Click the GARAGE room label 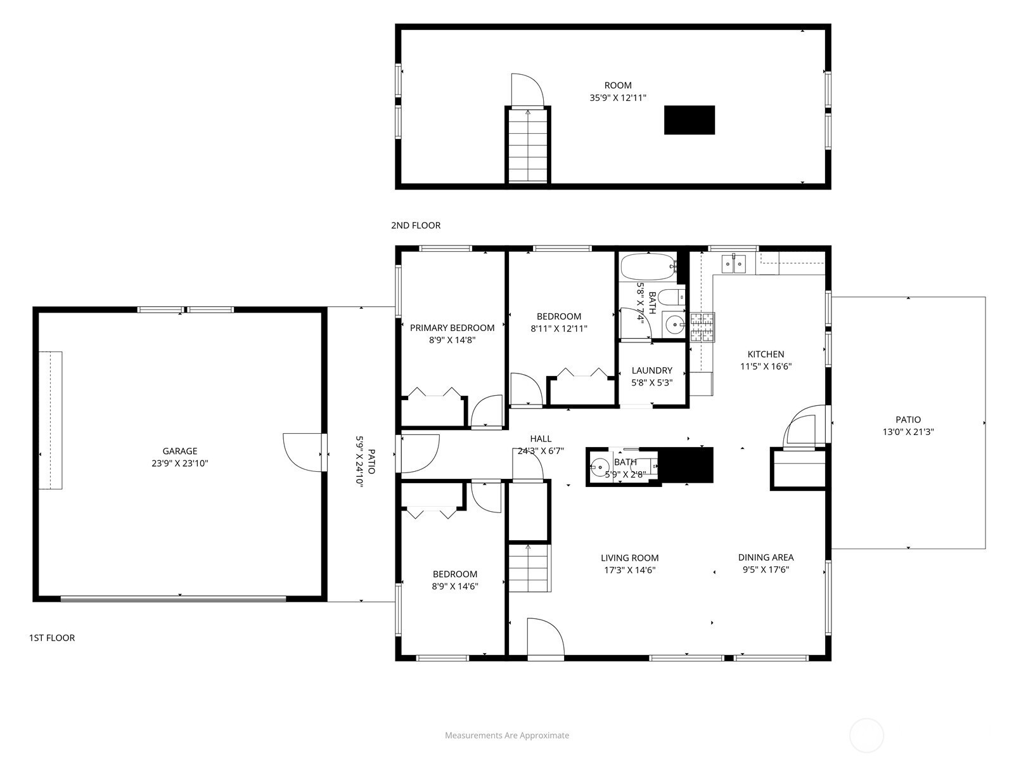coord(180,451)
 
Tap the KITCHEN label coord(766,354)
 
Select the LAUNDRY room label coord(652,370)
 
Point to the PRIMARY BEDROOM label coord(452,328)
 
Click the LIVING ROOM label coord(630,558)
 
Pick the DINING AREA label coord(766,557)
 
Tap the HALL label coord(541,439)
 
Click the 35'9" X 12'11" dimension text coord(618,98)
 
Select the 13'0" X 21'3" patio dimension coord(908,432)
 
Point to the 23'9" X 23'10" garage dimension coord(180,464)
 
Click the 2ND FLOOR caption coord(416,226)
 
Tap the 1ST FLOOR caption coord(52,638)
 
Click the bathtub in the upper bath coord(648,267)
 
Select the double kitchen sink coord(734,264)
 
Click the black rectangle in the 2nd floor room coord(690,120)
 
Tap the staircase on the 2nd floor coord(527,146)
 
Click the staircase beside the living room coord(530,568)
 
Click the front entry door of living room coord(546,637)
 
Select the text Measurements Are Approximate coord(507,736)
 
